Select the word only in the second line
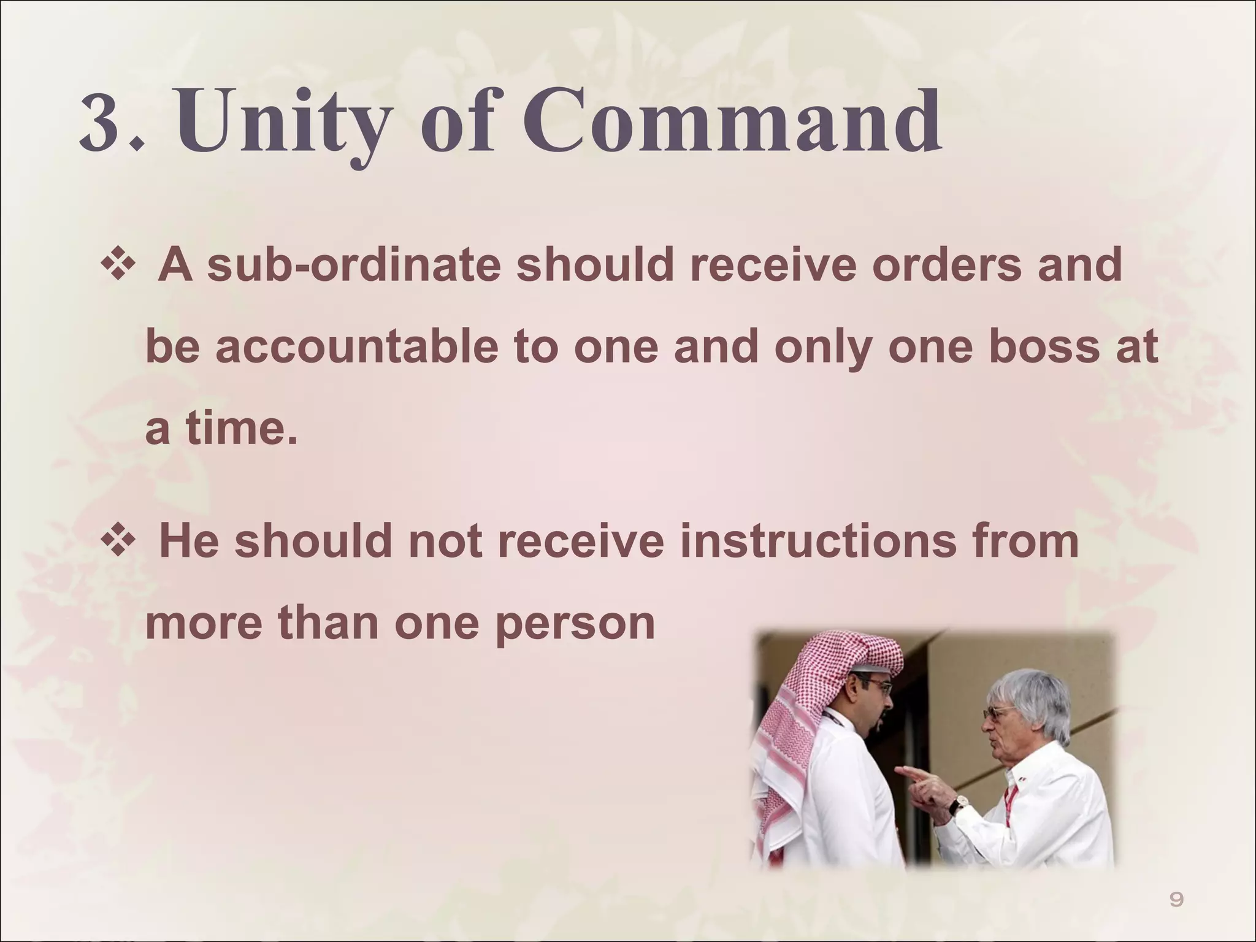pyautogui.click(x=822, y=347)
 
